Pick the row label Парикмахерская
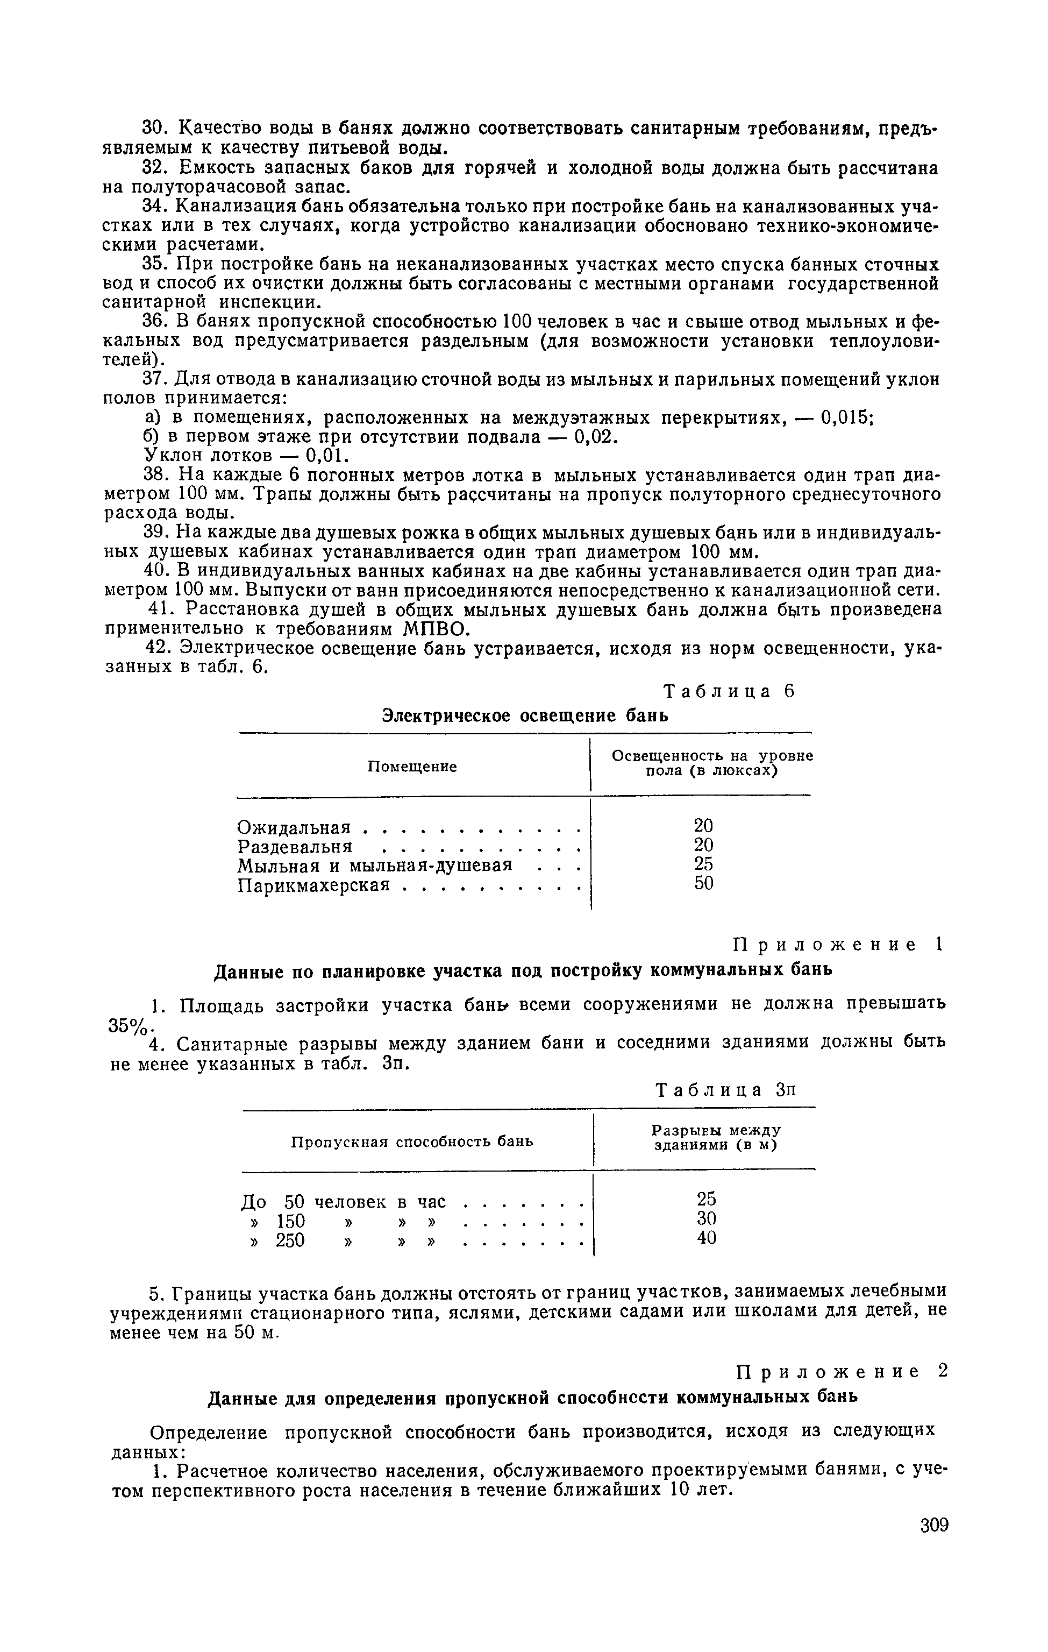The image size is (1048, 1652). tap(313, 885)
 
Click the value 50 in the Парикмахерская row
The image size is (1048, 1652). tap(704, 884)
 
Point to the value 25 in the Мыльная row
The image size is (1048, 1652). tap(704, 864)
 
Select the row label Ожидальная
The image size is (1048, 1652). tap(294, 827)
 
